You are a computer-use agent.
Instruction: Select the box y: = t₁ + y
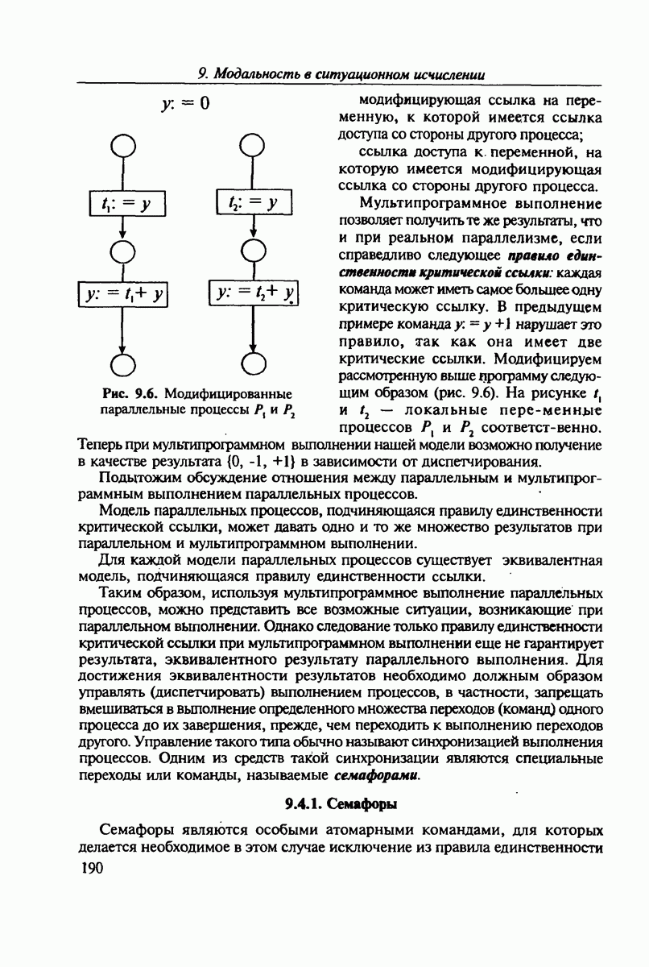click(122, 294)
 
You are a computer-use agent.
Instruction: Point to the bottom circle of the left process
click(122, 363)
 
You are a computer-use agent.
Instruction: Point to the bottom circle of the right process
click(253, 363)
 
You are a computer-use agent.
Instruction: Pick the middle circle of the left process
click(122, 251)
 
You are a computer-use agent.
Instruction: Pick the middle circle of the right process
click(253, 251)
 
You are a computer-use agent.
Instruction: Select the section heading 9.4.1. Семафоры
click(341, 804)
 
